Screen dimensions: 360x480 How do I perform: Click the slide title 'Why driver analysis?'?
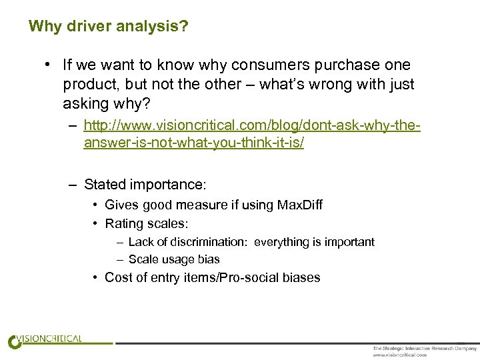click(108, 27)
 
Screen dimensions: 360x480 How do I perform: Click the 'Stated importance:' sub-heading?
click(145, 184)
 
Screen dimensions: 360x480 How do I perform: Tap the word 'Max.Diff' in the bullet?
click(297, 205)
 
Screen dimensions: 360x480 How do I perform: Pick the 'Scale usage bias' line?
click(174, 259)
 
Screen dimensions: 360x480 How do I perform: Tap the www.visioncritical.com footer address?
click(399, 355)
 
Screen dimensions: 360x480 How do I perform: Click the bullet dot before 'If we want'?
click(49, 65)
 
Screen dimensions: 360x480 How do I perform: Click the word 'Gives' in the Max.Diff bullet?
click(121, 205)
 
